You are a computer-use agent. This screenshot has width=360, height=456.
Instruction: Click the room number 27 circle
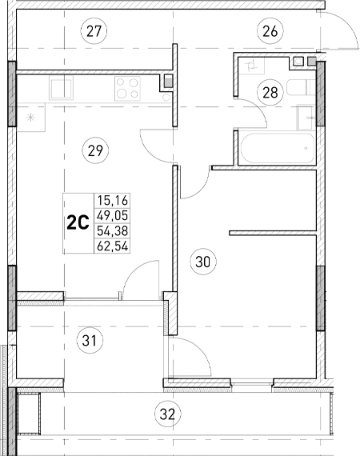pyautogui.click(x=94, y=32)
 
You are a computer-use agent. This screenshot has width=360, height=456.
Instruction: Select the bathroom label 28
pyautogui.click(x=270, y=92)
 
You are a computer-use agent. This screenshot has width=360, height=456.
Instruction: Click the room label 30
pyautogui.click(x=202, y=260)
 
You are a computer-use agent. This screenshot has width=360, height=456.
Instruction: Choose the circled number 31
pyautogui.click(x=93, y=342)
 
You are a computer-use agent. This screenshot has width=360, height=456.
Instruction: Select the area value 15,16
pyautogui.click(x=112, y=201)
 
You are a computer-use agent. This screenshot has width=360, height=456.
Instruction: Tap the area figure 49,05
pyautogui.click(x=112, y=215)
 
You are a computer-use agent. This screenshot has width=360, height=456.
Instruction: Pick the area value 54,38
pyautogui.click(x=112, y=230)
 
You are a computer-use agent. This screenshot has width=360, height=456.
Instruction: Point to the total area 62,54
pyautogui.click(x=112, y=245)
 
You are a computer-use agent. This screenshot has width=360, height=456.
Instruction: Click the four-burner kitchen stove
pyautogui.click(x=128, y=86)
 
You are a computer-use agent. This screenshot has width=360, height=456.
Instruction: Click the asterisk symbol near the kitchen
pyautogui.click(x=31, y=118)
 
